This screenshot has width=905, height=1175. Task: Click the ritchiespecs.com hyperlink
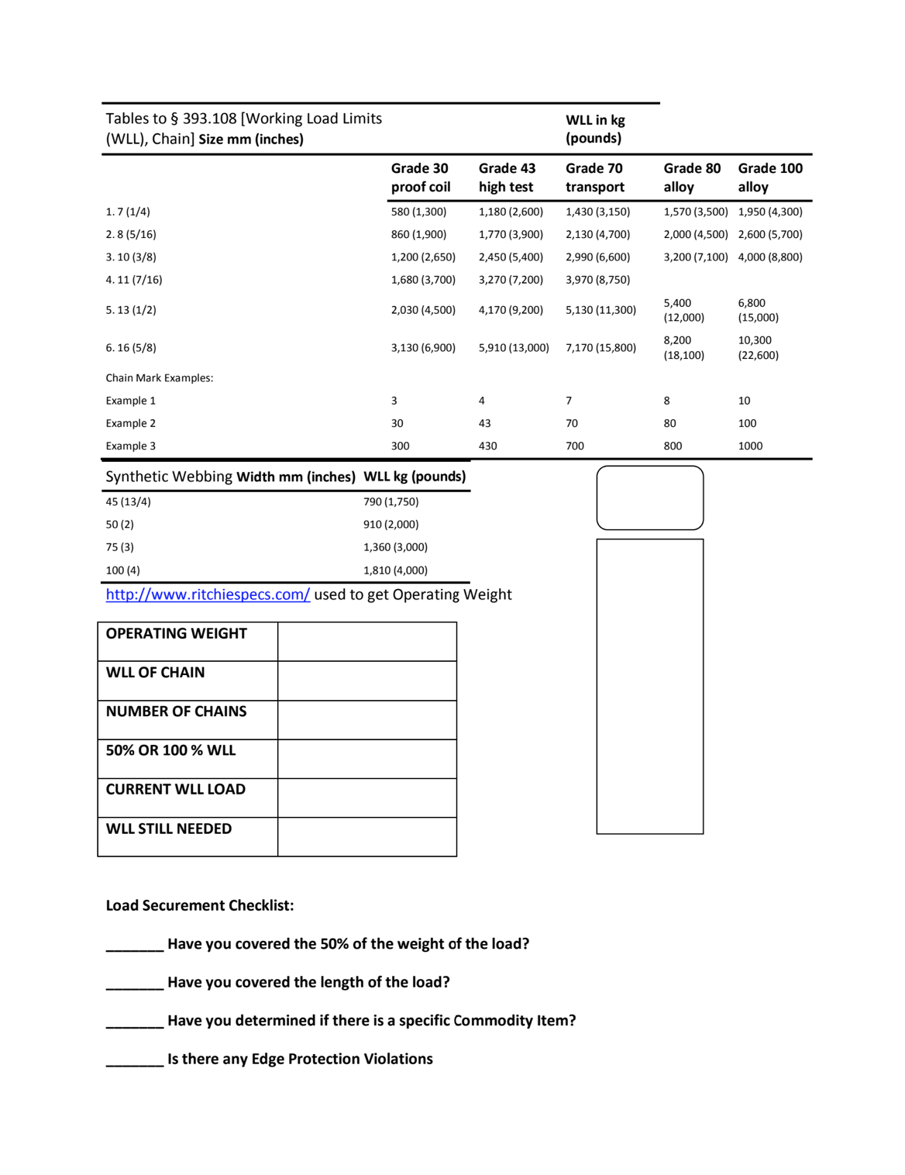pos(208,594)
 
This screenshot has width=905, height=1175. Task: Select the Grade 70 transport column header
pos(594,177)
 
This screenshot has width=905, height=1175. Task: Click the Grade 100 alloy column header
pos(769,177)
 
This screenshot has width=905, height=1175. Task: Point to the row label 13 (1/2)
pos(131,310)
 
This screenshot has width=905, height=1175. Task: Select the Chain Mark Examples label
pos(159,378)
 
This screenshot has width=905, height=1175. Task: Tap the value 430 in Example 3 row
pos(487,446)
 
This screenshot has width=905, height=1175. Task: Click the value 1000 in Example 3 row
pos(749,446)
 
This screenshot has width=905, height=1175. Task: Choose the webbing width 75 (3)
pos(119,547)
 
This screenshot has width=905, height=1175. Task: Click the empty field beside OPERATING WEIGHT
pos(366,642)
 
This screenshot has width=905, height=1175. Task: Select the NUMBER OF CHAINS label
pos(176,712)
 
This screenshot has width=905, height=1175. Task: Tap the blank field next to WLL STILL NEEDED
pos(366,837)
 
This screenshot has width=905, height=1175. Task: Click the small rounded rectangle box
pos(649,498)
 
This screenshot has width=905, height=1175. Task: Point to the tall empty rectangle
pos(649,686)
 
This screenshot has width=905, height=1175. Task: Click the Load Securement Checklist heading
pos(199,905)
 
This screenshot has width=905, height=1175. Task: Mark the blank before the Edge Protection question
pos(134,1060)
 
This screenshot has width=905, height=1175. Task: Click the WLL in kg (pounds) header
pos(594,129)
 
